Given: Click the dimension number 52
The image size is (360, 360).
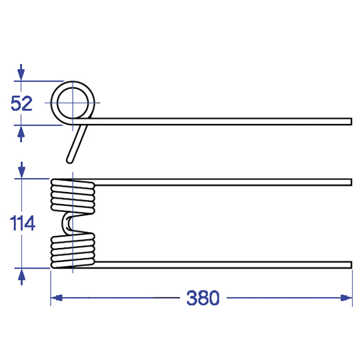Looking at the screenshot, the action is click(21, 103).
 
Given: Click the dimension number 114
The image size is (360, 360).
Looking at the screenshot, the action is click(22, 223).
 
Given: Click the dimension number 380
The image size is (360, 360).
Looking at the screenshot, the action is click(203, 298).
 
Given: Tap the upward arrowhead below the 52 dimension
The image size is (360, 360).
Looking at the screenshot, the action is click(21, 133).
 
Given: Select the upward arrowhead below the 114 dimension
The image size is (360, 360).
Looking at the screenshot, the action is click(21, 277).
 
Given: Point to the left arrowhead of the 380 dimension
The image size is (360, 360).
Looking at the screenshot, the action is click(57, 298).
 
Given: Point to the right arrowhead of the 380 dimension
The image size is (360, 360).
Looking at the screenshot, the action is click(346, 298).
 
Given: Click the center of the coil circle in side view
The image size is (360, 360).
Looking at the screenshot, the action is click(73, 103).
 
